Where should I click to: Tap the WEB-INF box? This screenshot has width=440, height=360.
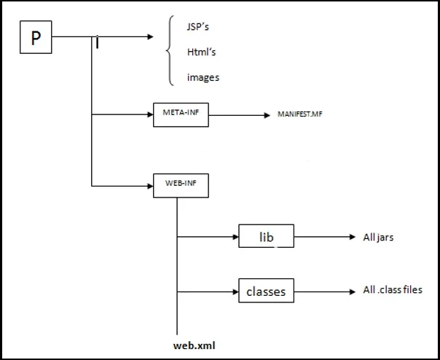coord(181,186)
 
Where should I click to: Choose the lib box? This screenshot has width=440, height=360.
coord(265,236)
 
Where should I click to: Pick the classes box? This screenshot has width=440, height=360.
coord(265,292)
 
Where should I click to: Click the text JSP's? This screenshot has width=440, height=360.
coord(198,27)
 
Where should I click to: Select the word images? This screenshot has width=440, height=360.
coord(202,77)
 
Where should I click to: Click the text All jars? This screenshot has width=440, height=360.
coord(379,236)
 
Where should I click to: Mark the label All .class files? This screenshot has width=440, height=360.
coord(393,290)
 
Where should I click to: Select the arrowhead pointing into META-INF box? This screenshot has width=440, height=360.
coord(150,114)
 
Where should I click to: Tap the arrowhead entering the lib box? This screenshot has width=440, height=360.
coord(235,236)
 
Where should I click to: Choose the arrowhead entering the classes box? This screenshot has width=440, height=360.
coord(235,292)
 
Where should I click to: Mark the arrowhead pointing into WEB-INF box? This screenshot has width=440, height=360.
coord(150,186)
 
